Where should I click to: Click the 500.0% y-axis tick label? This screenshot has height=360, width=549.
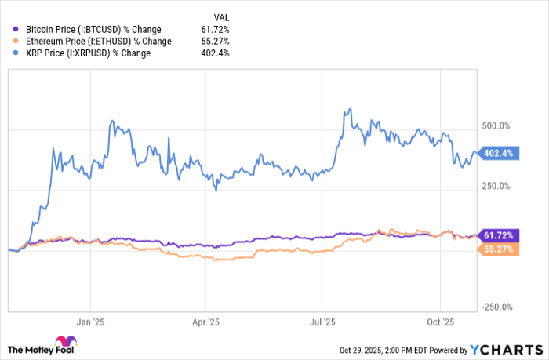[496, 125]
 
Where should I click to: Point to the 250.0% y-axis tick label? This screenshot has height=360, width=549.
[496, 187]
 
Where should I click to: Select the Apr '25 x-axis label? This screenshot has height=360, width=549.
[205, 322]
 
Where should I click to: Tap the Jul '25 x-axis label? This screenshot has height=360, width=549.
[322, 322]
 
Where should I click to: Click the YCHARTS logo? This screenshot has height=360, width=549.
[505, 349]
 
